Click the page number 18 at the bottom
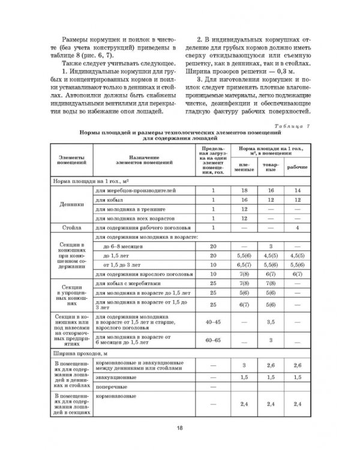coord(179,428)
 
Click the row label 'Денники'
coord(71,204)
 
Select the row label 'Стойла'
coord(71,227)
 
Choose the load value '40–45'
coord(212,322)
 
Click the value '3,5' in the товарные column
coord(271,322)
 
